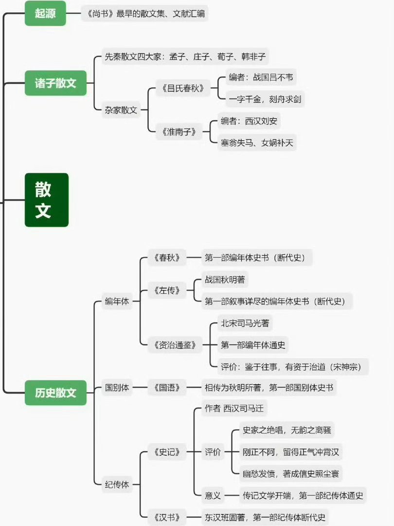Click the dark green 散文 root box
(x=47, y=200)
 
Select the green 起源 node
(x=45, y=14)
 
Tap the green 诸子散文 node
(x=55, y=83)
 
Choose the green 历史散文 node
(x=55, y=393)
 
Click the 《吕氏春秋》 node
(x=183, y=88)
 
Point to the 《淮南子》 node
(x=179, y=132)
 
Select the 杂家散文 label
(x=121, y=110)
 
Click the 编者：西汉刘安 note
(x=249, y=121)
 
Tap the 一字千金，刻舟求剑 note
(x=265, y=99)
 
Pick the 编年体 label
(x=117, y=301)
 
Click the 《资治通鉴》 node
(x=175, y=345)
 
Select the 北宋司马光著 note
(x=245, y=323)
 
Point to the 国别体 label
(x=117, y=388)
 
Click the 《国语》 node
(x=167, y=388)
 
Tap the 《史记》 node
(x=167, y=452)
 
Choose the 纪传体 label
(x=117, y=485)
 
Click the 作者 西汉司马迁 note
(x=234, y=408)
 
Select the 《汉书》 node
(x=167, y=517)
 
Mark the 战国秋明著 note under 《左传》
(x=225, y=280)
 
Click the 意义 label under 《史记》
(x=213, y=495)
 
